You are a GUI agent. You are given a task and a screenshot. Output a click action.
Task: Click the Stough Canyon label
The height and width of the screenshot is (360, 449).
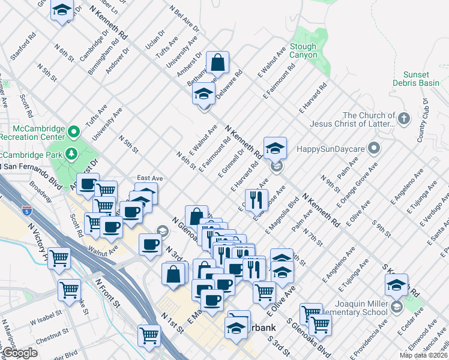[x=303, y=50]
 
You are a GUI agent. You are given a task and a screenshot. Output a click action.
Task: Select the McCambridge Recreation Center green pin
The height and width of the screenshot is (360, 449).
[x=74, y=131]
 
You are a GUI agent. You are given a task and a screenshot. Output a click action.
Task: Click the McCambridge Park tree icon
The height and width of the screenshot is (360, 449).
[x=71, y=154]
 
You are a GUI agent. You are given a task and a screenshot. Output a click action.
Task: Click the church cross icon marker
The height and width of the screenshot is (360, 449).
[x=403, y=118]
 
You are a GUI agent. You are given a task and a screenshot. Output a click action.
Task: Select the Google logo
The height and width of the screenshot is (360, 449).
[x=20, y=353]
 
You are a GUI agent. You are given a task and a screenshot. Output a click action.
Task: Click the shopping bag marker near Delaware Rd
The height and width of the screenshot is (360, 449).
[x=217, y=63]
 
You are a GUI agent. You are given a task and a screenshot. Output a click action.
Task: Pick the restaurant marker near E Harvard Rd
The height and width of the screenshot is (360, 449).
[x=256, y=200]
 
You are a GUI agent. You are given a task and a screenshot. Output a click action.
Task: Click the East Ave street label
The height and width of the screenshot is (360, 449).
[x=149, y=178]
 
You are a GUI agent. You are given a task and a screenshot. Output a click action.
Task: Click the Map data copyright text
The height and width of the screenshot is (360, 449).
[x=423, y=355]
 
